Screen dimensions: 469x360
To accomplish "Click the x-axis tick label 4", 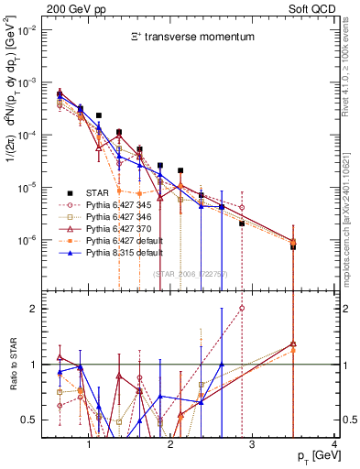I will point(334,444).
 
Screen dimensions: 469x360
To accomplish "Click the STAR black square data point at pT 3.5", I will point(292,246).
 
